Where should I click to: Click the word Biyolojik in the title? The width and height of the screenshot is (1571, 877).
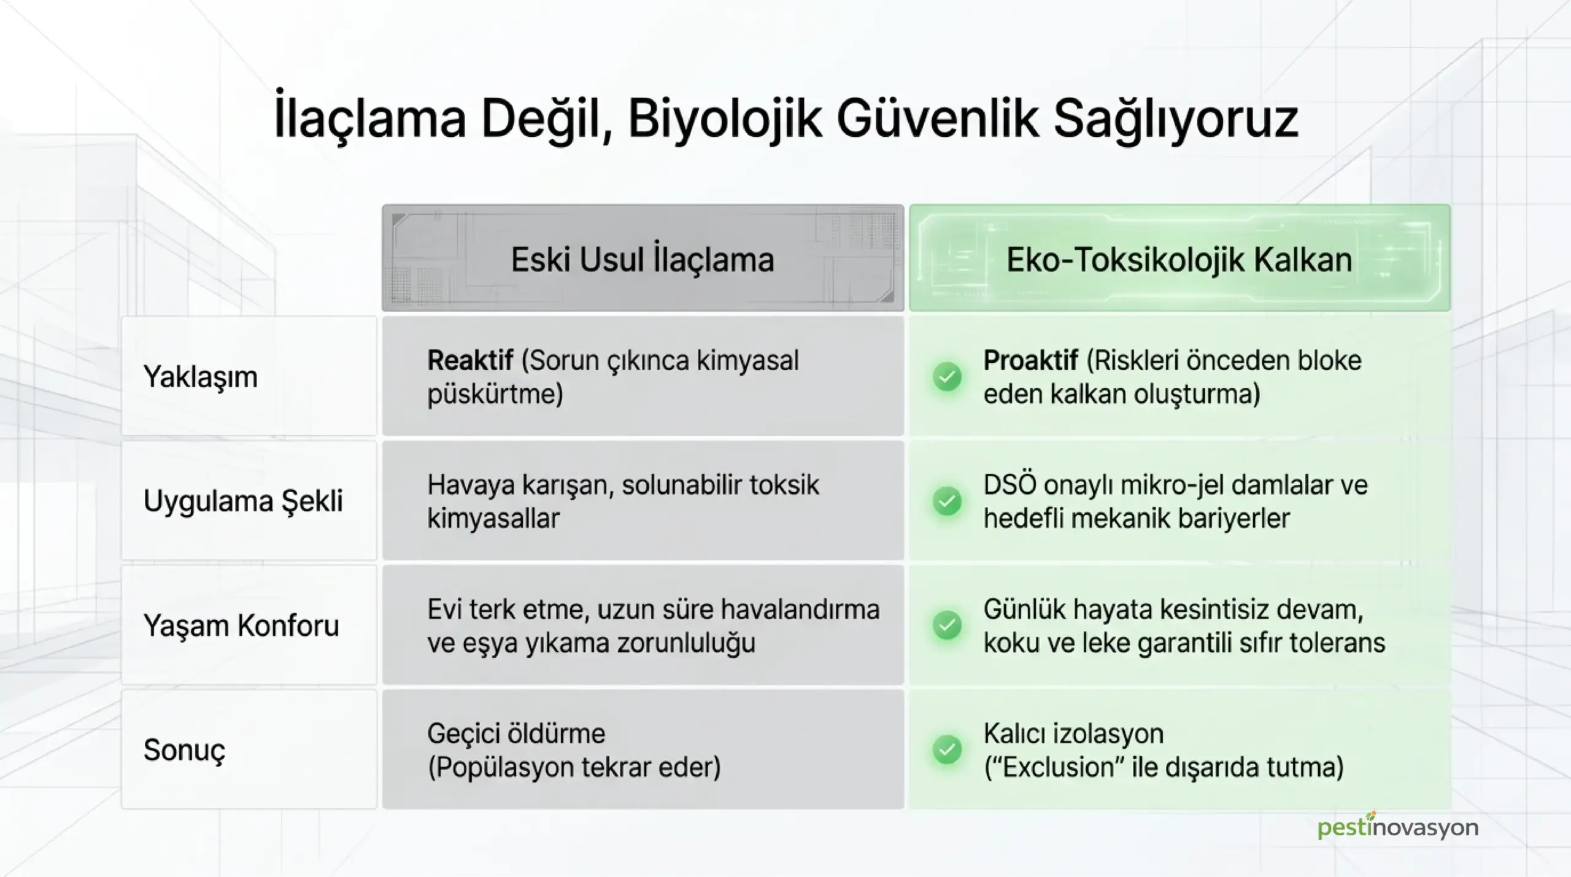pos(724,122)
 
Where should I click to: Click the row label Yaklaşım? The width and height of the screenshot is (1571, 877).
pos(200,376)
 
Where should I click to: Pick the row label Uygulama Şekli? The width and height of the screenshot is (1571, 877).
pos(243,501)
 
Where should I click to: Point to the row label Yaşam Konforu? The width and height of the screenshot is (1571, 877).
pos(241,625)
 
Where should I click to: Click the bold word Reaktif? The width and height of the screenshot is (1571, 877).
pos(470,360)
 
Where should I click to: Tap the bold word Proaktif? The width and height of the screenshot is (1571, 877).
pos(1030,360)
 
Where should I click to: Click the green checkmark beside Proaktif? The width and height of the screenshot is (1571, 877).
pos(948,377)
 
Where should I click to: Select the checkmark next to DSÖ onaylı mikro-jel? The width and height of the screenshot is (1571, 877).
pos(948,501)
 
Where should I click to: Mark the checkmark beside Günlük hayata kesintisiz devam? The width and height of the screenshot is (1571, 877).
pos(948,625)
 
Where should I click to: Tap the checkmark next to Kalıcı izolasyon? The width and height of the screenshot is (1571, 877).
pos(948,749)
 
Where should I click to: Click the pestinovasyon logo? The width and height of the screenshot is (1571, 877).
pos(1398,827)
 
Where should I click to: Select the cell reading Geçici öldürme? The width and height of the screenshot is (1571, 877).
pos(643,749)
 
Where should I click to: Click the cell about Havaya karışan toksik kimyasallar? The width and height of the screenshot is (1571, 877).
pos(643,501)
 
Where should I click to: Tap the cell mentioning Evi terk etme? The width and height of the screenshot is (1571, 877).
pos(643,625)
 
